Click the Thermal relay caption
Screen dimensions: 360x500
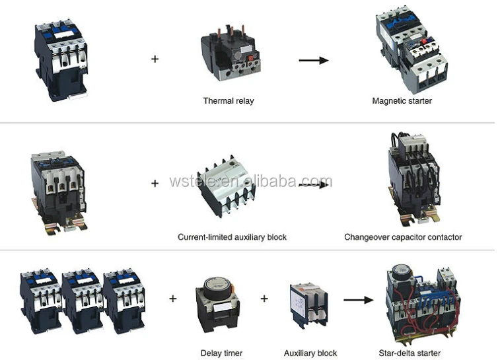pyautogui.click(x=228, y=101)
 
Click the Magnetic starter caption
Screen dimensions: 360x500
pyautogui.click(x=402, y=101)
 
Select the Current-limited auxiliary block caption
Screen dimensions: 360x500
pyautogui.click(x=232, y=236)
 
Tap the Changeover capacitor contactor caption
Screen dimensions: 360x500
pyautogui.click(x=403, y=236)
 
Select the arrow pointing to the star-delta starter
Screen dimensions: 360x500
pyautogui.click(x=358, y=299)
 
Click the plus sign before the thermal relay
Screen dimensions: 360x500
pyautogui.click(x=155, y=59)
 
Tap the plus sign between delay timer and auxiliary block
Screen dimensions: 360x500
pyautogui.click(x=264, y=299)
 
